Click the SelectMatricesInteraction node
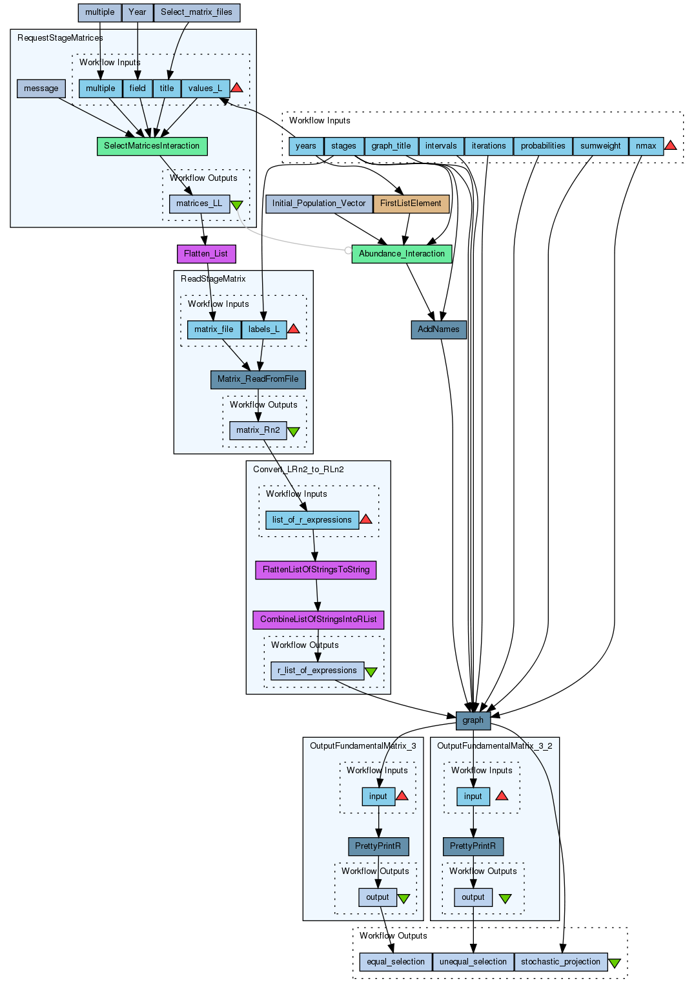coord(152,146)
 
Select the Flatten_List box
coord(206,254)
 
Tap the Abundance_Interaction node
coord(402,254)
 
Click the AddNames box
coord(438,329)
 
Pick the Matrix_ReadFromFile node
coord(258,379)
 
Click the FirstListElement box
coord(411,203)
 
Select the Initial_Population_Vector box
coord(319,203)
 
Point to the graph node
coord(473,720)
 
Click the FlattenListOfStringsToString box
coord(316,570)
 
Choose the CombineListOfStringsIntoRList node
coord(318,619)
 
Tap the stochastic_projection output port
coord(560,962)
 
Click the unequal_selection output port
coord(473,962)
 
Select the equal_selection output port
coord(396,962)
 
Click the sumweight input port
coord(600,146)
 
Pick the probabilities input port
coord(543,146)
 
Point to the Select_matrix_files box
coord(196,12)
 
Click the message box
coord(41,88)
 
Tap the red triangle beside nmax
coord(671,145)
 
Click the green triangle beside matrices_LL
coord(237,205)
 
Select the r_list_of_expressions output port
coord(317,671)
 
